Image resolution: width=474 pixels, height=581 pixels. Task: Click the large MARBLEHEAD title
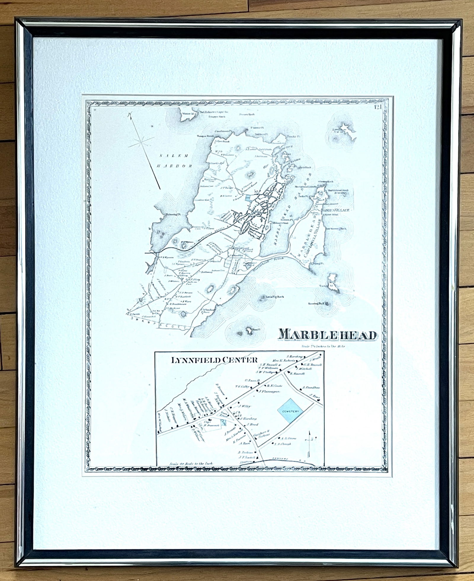tap(328, 335)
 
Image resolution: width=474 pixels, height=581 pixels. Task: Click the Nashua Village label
tap(335, 210)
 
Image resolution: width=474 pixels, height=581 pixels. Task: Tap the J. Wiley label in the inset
tap(245, 406)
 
